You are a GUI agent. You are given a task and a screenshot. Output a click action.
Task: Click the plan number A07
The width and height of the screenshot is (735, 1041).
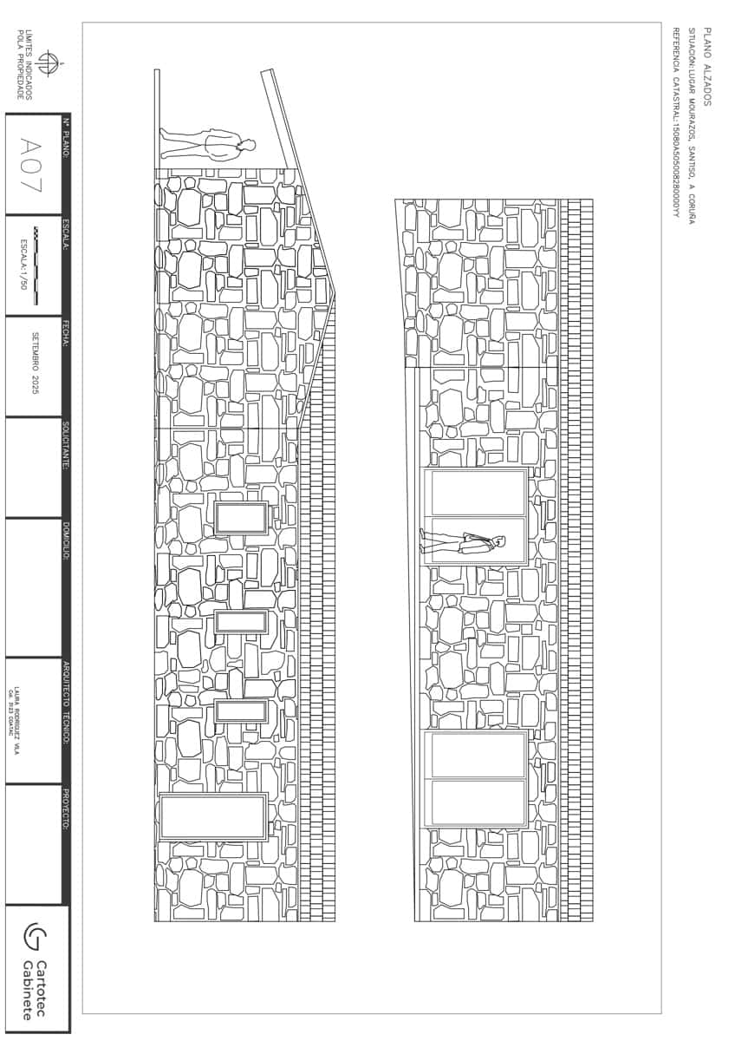coord(33,164)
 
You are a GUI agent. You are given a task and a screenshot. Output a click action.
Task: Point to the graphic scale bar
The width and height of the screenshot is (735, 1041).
coord(36,265)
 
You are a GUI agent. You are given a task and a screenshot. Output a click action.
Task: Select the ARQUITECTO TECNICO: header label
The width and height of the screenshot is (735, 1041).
coord(66,703)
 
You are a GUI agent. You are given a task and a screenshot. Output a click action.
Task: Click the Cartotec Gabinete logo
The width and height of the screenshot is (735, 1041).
coord(36,968)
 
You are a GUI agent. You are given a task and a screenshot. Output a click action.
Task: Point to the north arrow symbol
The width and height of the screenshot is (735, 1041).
coord(48,64)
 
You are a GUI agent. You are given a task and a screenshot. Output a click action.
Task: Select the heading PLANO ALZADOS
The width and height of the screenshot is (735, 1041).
coord(707,66)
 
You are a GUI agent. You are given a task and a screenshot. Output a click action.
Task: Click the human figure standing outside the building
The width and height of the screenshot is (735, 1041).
coord(208,144)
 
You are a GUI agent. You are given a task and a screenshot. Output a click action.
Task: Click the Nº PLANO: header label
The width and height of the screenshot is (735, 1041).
coord(66,138)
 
